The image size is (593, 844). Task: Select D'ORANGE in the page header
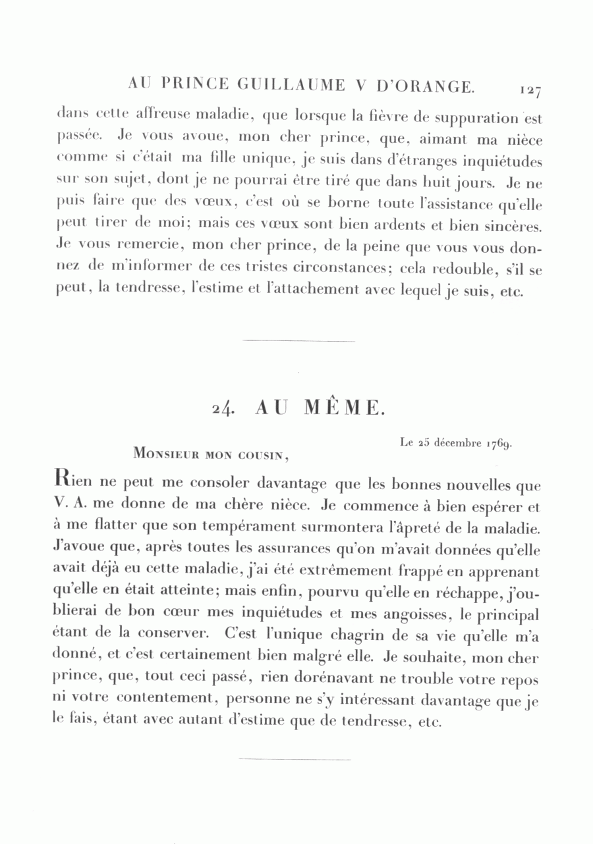tap(424, 86)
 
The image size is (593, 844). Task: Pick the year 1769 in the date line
tap(499, 443)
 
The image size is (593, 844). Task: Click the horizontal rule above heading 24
tap(298, 341)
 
